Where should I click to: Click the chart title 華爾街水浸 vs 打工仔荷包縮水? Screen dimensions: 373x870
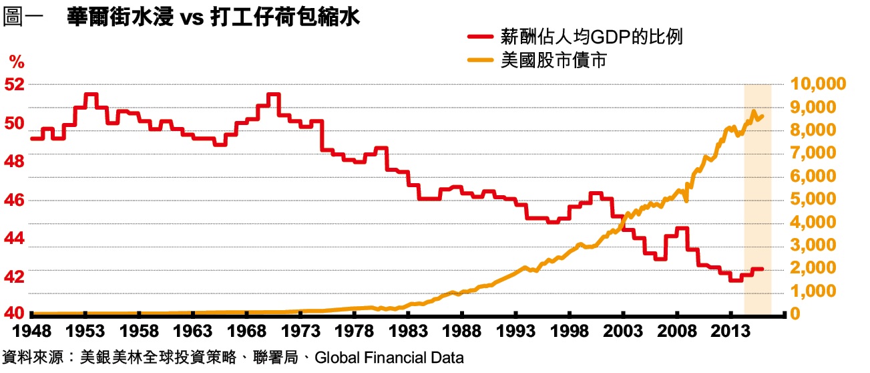[213, 17]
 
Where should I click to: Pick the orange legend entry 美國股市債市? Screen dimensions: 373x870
[554, 60]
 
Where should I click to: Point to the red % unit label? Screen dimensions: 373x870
[17, 64]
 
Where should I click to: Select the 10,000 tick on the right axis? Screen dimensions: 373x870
[818, 84]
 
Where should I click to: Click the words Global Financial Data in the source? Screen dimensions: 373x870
[389, 358]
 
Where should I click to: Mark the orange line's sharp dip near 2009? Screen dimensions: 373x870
[687, 200]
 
